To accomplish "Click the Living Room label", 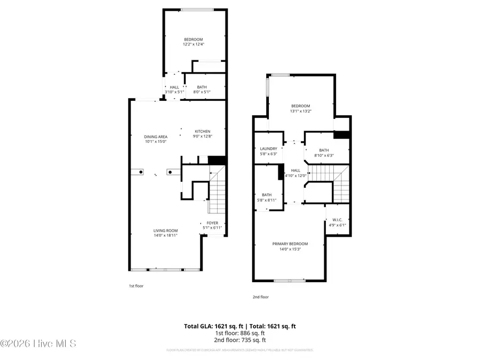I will point(165,230).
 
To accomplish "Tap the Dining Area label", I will point(156,137).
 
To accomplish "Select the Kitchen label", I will point(202,131).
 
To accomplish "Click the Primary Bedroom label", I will point(290,244).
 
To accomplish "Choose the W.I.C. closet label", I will point(337,220).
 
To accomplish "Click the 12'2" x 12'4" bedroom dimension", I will point(194,44).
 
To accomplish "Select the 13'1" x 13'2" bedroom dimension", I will point(300,111).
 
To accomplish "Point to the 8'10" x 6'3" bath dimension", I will point(324,156).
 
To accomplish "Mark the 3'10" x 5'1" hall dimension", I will point(174,92).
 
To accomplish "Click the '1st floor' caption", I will point(136,286).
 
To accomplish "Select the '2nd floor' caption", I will point(260,297).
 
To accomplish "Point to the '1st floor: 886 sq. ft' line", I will point(240,333).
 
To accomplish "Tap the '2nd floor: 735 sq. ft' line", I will point(240,340).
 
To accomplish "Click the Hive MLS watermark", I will point(38,343).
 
